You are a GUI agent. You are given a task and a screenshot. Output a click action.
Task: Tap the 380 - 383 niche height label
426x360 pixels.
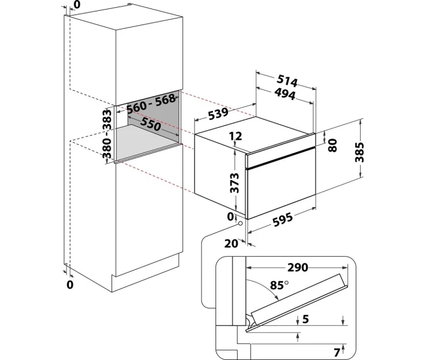[x=106, y=135]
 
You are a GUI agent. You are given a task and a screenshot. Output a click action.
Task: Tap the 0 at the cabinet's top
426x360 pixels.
[x=76, y=5]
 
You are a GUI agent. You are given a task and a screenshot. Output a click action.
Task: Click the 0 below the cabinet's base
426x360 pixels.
[x=70, y=284]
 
